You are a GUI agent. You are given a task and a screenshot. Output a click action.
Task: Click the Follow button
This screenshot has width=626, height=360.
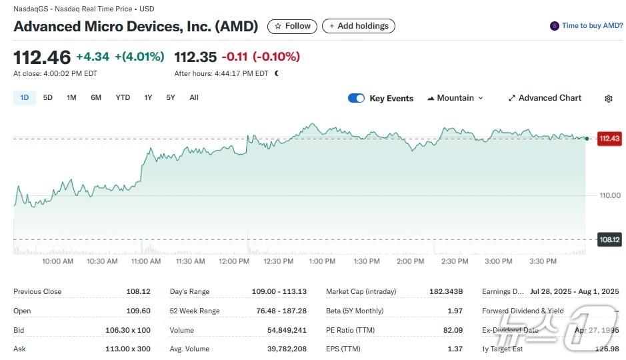pyautogui.click(x=292, y=26)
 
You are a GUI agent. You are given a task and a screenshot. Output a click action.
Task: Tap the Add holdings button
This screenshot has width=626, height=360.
pyautogui.click(x=358, y=26)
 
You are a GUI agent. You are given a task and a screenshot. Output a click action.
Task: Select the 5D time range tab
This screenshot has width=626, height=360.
pyautogui.click(x=48, y=98)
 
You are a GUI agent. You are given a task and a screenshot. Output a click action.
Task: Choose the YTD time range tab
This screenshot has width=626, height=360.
pyautogui.click(x=123, y=98)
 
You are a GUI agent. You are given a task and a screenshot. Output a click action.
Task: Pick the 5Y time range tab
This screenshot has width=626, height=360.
pyautogui.click(x=171, y=98)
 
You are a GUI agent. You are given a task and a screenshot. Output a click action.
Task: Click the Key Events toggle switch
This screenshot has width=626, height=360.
pyautogui.click(x=356, y=99)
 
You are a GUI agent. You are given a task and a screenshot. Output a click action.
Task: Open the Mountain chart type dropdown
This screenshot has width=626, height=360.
pyautogui.click(x=455, y=98)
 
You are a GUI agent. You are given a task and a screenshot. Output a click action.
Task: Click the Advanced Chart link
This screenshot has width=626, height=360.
pyautogui.click(x=545, y=98)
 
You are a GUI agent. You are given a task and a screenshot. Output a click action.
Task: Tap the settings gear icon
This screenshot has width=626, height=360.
pyautogui.click(x=608, y=99)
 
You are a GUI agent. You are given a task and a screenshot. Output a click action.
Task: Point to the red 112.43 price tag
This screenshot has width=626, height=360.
pyautogui.click(x=609, y=139)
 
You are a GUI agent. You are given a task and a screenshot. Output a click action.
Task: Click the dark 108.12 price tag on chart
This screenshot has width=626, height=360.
pyautogui.click(x=609, y=239)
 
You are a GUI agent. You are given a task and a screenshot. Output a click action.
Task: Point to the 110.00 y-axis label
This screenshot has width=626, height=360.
pyautogui.click(x=609, y=195)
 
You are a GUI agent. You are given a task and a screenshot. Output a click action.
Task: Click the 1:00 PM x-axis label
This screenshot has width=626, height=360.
pyautogui.click(x=322, y=261)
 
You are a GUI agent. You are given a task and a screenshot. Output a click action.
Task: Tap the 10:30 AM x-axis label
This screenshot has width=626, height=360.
pyautogui.click(x=102, y=261)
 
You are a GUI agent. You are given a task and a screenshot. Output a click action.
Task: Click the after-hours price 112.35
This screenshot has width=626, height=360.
pyautogui.click(x=195, y=57)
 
